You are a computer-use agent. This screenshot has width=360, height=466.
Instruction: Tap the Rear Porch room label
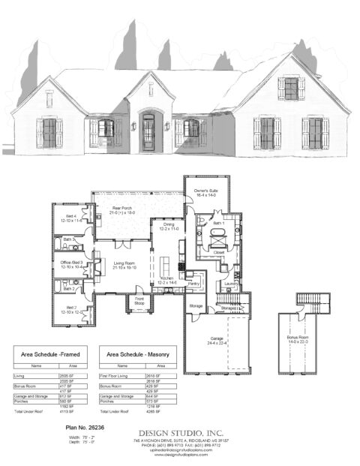(117, 209)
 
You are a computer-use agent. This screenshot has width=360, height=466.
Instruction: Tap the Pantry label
(193, 284)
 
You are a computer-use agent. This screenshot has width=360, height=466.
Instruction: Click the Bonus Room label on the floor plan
(298, 339)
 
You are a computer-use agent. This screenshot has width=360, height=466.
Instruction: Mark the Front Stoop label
(139, 301)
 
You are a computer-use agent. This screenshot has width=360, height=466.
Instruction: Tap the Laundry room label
(229, 284)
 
